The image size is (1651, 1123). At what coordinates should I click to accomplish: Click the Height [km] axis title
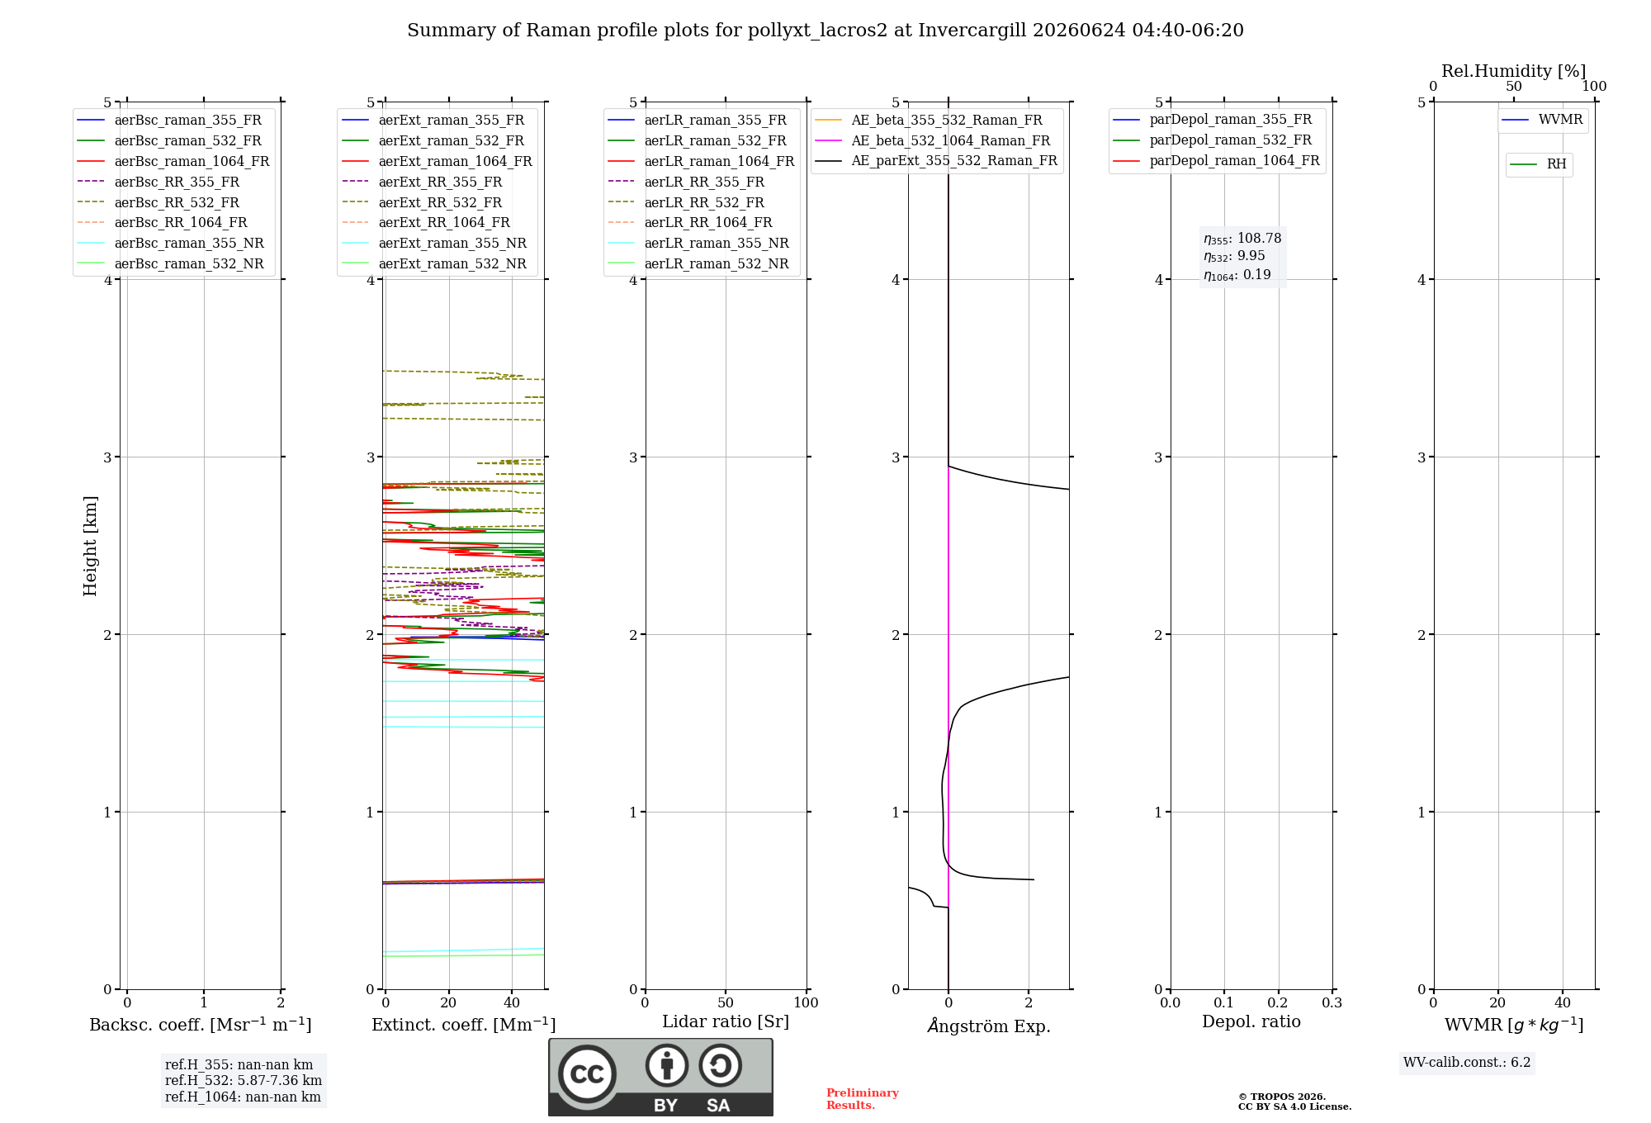point(91,546)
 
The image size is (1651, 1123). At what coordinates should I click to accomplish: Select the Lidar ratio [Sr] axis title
point(726,1021)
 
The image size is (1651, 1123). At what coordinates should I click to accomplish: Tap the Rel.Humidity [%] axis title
point(1514,71)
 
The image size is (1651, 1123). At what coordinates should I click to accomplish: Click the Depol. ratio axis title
point(1251,1021)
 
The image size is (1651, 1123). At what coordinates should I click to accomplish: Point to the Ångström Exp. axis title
point(989,1026)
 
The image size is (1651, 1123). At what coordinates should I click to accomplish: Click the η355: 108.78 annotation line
point(1242,239)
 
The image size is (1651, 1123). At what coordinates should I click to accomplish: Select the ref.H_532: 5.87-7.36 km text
point(244,1081)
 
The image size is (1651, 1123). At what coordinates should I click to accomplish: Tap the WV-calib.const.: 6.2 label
point(1467,1063)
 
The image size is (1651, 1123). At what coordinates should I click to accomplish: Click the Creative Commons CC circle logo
point(587,1073)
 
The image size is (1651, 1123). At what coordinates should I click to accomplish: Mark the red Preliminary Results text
point(863,1099)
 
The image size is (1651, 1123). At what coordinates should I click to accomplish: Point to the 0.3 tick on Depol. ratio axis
point(1332,1003)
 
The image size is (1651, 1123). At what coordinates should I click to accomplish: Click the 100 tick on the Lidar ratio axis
point(806,1003)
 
